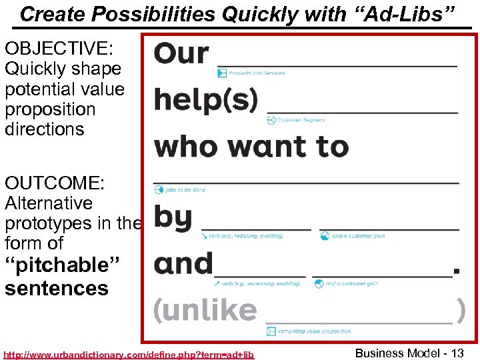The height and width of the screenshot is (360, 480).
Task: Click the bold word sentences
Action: click(57, 288)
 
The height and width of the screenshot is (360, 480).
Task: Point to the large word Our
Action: click(181, 54)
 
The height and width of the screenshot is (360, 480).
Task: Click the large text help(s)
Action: click(205, 101)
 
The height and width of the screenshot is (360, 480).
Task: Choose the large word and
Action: click(183, 264)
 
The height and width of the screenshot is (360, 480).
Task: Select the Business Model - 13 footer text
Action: click(409, 353)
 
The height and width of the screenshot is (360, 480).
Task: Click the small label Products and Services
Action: click(257, 73)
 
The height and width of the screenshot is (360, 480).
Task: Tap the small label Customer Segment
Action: click(301, 120)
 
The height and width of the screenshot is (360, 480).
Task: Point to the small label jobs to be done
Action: click(185, 190)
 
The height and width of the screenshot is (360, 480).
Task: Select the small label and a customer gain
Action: click(351, 283)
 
